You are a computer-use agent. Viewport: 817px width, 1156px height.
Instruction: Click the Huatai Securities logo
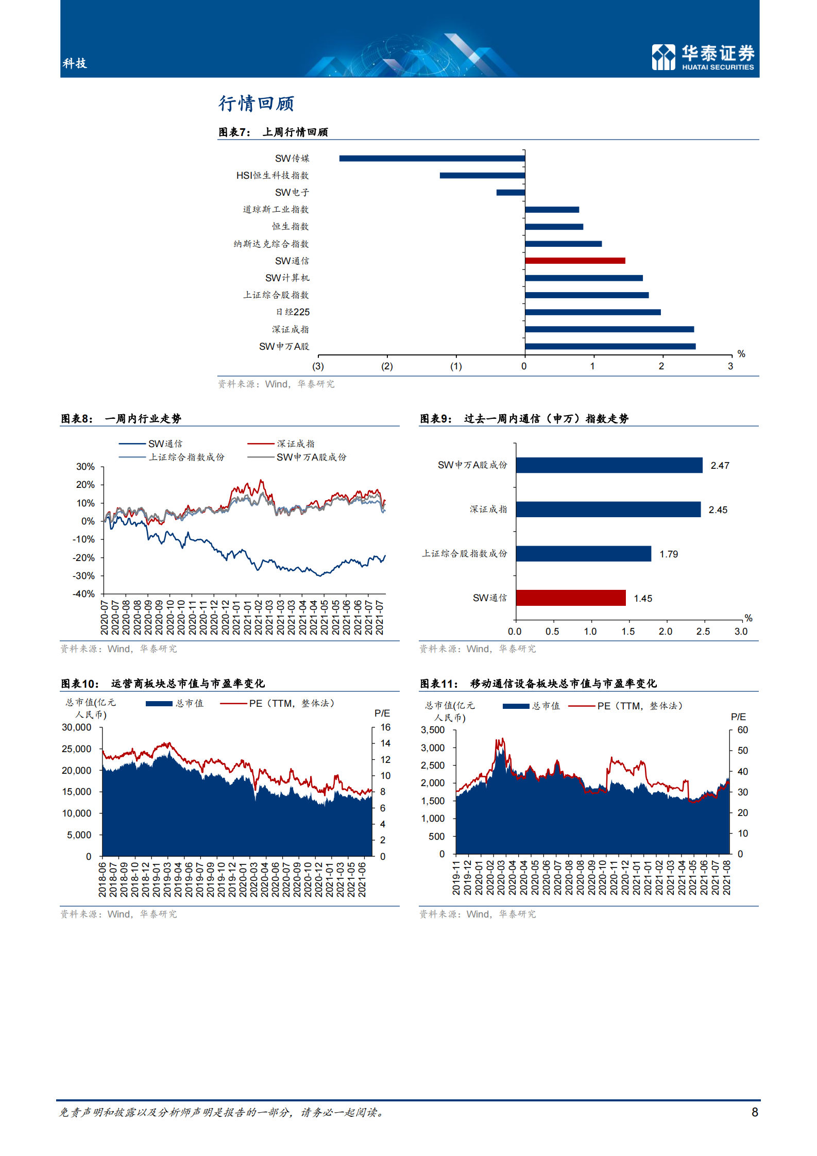click(703, 57)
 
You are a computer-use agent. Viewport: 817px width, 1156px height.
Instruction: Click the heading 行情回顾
click(256, 104)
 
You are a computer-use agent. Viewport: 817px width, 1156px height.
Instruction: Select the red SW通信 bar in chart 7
click(575, 261)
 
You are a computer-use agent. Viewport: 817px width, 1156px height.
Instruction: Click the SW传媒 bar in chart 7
click(432, 158)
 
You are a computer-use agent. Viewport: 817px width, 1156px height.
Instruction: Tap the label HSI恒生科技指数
click(272, 176)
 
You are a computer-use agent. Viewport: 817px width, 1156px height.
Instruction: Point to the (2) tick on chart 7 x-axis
click(387, 366)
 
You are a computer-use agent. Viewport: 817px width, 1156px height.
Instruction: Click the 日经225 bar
click(592, 312)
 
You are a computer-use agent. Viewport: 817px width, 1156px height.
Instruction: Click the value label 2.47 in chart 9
click(720, 466)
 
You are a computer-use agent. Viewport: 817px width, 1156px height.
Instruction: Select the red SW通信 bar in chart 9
click(570, 598)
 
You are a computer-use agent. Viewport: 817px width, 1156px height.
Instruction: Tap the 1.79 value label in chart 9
click(669, 554)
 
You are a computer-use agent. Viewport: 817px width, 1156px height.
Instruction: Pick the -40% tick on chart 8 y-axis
click(83, 594)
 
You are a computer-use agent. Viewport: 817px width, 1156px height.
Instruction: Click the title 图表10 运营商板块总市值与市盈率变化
click(163, 684)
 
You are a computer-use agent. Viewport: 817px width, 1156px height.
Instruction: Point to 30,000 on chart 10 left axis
click(76, 727)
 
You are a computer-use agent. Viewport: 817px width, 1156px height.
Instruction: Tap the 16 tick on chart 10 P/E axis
click(385, 727)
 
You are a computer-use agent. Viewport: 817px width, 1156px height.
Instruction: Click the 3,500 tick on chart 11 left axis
click(432, 730)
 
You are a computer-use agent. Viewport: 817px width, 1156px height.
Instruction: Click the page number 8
click(755, 1112)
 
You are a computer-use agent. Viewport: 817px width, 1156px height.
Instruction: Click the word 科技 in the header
click(75, 63)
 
